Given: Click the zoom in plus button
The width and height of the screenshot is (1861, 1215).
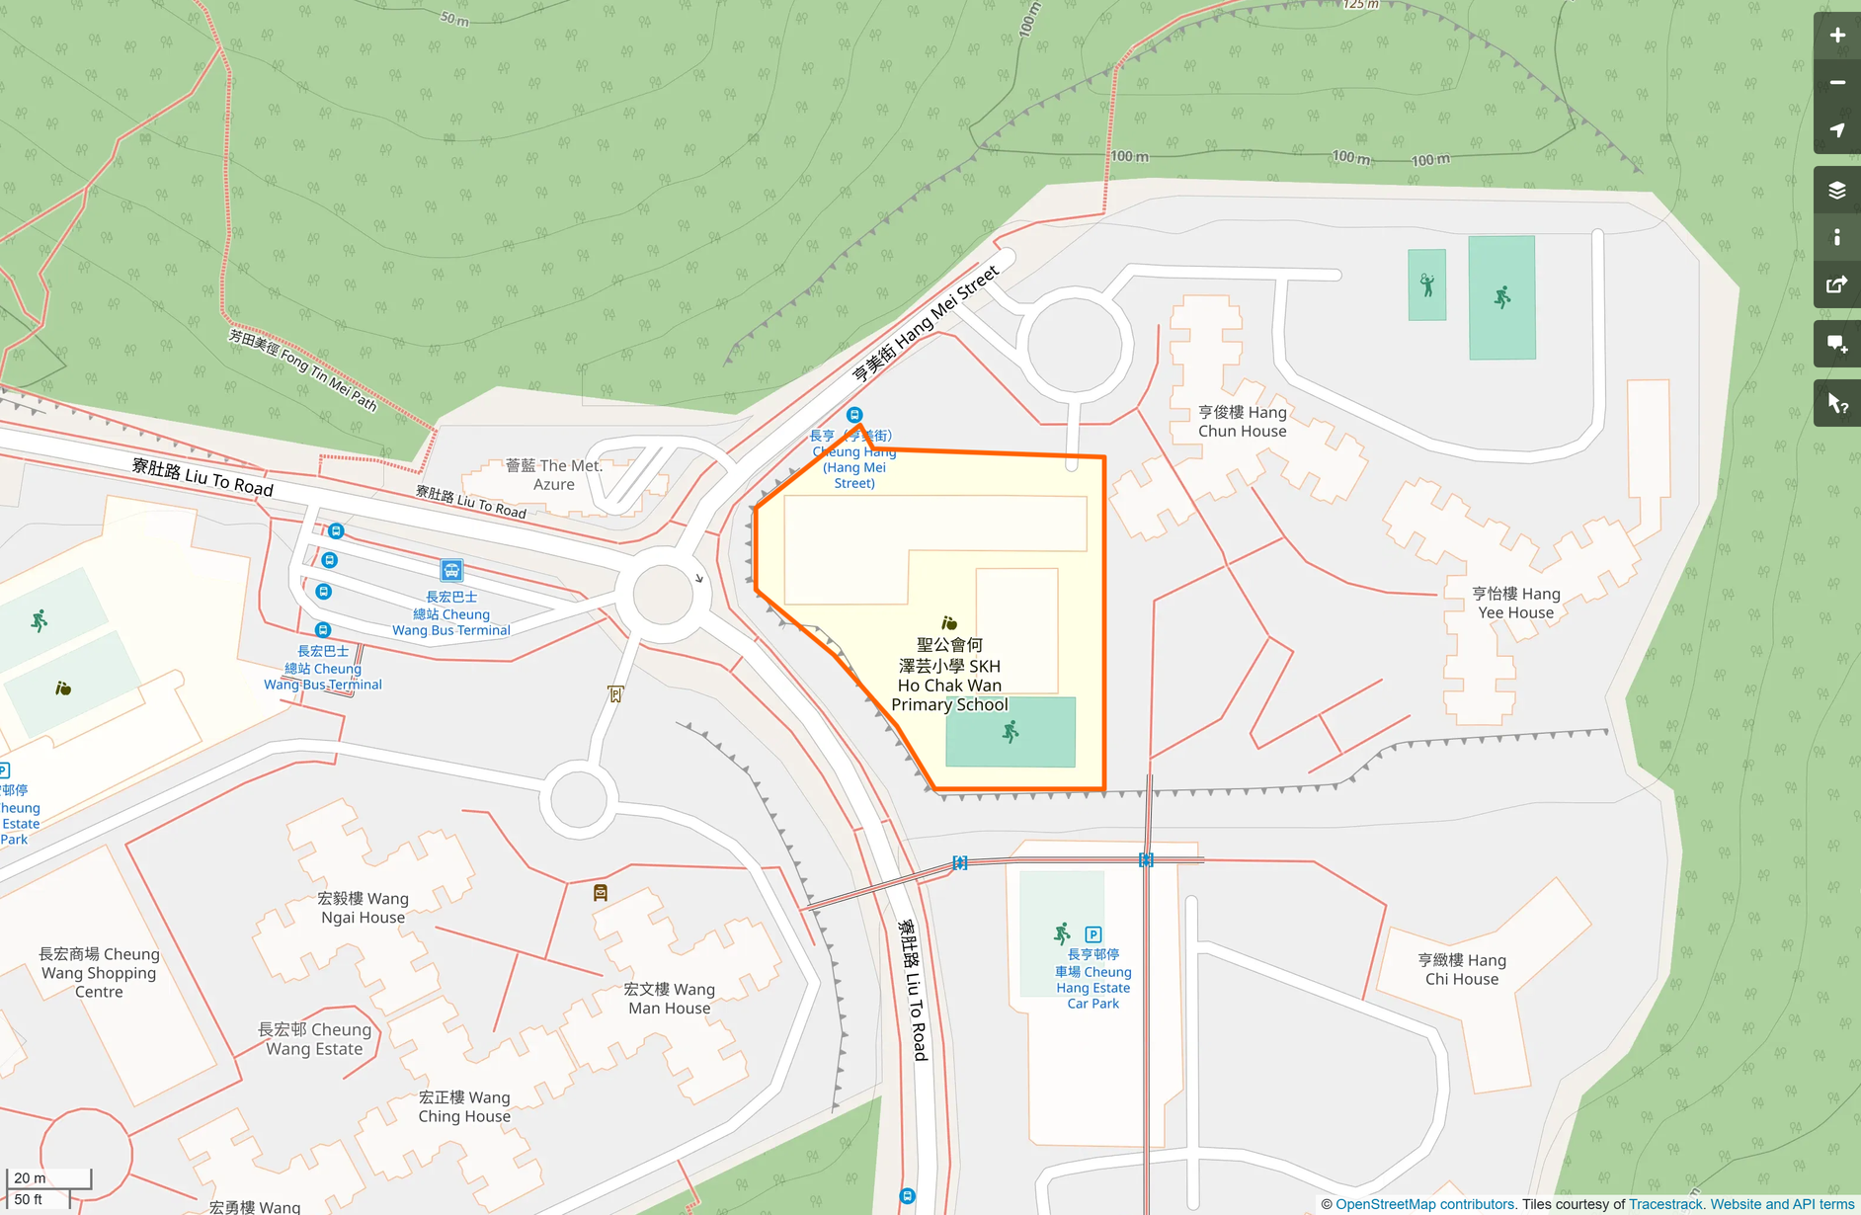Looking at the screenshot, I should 1836,36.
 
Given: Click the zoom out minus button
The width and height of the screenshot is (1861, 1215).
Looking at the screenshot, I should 1836,83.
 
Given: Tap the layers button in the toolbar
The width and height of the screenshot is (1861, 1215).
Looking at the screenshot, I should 1836,191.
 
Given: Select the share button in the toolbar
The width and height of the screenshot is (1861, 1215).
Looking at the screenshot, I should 1836,285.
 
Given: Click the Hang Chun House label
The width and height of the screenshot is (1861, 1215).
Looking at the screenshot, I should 1242,422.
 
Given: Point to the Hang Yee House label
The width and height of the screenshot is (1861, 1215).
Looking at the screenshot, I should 1515,603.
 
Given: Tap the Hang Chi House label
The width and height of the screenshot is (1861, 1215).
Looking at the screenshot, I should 1461,969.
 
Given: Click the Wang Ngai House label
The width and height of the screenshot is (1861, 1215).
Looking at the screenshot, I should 363,908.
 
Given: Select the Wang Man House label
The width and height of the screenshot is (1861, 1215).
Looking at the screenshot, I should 669,999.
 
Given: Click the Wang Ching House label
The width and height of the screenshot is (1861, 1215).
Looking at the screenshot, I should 464,1106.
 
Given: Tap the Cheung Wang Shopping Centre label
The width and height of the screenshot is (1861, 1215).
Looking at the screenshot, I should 99,973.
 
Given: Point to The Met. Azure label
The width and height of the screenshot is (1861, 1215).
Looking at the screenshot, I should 553,474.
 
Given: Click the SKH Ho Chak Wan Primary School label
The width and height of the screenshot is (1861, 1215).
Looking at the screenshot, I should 949,675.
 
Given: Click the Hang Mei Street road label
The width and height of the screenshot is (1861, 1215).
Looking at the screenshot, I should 926,323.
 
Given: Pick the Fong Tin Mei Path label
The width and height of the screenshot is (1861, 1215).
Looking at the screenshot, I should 303,369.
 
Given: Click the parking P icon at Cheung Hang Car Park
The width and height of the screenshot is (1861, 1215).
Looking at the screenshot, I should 1092,934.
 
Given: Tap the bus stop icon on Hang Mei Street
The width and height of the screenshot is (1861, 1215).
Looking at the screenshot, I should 854,415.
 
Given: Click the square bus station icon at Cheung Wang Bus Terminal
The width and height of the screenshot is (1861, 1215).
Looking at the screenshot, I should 451,570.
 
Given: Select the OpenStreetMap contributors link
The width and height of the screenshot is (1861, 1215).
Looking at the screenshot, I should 1424,1204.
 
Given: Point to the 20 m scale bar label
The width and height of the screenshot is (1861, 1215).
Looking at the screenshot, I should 30,1177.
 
